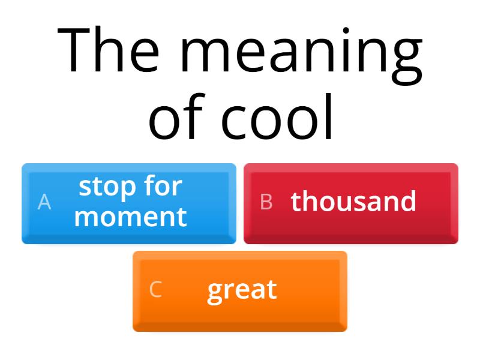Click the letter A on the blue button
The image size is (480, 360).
point(44,202)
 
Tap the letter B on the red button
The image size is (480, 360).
point(266,202)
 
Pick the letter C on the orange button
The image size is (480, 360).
point(155,290)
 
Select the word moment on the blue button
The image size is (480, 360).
point(130,216)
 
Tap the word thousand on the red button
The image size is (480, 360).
point(353,202)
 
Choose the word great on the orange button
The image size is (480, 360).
point(242,290)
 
